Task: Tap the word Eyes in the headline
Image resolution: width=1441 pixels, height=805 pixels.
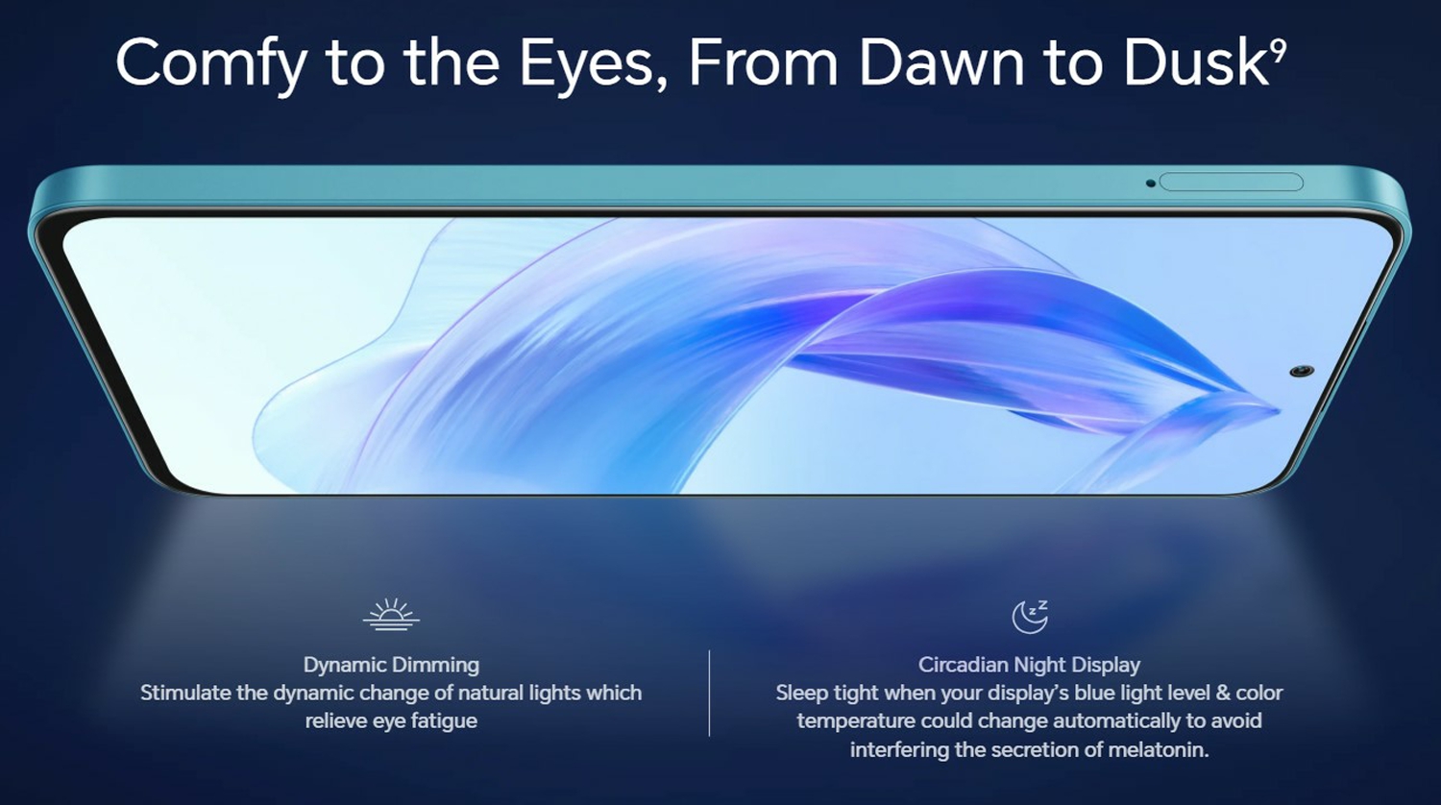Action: point(586,63)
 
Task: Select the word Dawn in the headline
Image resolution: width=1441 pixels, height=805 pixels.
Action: point(941,61)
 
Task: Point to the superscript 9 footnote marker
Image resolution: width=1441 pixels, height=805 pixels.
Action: point(1279,48)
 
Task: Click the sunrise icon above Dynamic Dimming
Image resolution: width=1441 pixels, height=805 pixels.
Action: point(391,615)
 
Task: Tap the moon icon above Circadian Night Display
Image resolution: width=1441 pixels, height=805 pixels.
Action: point(1029,617)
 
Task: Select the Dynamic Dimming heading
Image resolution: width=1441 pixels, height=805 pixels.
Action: point(391,665)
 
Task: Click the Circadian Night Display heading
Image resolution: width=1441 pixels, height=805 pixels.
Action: point(1029,665)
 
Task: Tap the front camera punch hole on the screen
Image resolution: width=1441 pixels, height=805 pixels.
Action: point(1302,371)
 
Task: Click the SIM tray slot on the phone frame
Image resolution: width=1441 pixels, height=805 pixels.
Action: point(1232,183)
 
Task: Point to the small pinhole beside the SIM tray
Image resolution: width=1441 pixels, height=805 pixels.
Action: point(1151,183)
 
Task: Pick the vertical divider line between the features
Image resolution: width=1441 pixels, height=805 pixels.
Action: point(709,693)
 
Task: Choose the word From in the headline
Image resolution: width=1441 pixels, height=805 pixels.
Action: point(764,62)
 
